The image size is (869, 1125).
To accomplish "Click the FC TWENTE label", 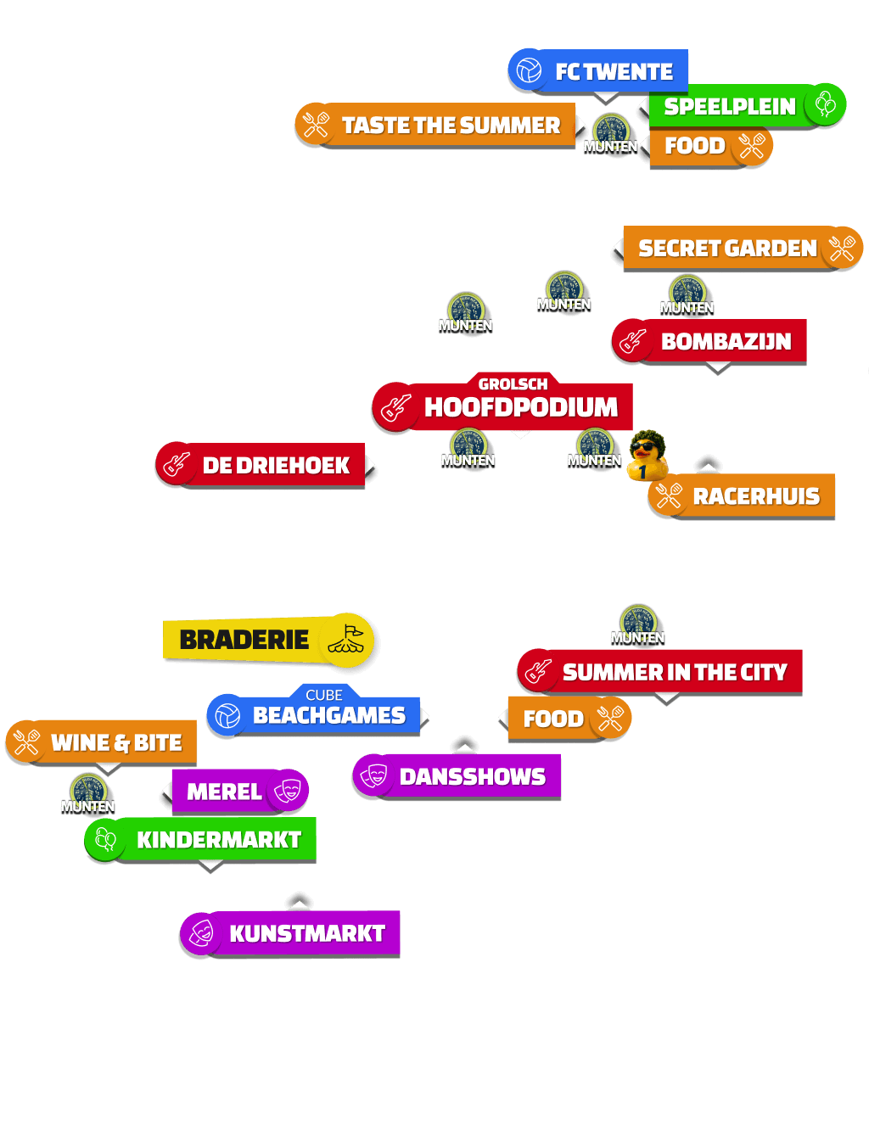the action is (x=598, y=71).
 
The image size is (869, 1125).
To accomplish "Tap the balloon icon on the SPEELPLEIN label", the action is (x=825, y=104).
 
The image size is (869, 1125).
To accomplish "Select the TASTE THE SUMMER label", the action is (x=435, y=125).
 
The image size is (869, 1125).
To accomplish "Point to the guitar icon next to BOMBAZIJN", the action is (x=632, y=341).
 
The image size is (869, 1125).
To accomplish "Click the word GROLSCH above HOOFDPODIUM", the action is (x=513, y=384).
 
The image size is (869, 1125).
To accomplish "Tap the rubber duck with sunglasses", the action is (x=647, y=455).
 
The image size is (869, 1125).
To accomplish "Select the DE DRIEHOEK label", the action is (x=261, y=464).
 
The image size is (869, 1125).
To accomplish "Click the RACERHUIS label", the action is (x=742, y=496).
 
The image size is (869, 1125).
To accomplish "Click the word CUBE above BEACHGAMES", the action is (x=324, y=695).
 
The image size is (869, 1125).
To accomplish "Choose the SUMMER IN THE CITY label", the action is (x=659, y=671).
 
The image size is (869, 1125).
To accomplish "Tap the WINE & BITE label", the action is (x=102, y=742).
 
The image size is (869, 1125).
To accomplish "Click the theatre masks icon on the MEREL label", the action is (x=288, y=791).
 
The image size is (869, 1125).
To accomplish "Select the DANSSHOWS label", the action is (x=457, y=776).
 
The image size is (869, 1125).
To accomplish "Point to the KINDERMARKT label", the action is (x=200, y=839).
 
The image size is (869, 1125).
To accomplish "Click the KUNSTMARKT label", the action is (x=290, y=933).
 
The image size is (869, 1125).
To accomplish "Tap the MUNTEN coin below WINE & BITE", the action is (x=88, y=794).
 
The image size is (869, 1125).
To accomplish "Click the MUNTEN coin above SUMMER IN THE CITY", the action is (x=638, y=625).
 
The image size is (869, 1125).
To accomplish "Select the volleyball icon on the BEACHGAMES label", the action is (x=228, y=716).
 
